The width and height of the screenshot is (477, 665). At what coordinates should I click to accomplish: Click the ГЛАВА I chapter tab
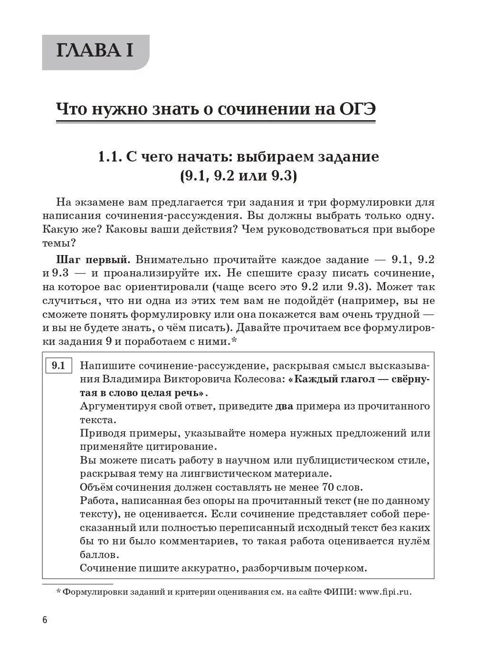click(95, 51)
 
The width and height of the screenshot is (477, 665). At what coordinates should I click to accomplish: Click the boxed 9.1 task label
click(58, 366)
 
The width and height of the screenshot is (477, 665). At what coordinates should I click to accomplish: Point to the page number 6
click(45, 620)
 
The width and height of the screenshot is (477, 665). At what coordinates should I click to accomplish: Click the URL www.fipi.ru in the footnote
click(385, 592)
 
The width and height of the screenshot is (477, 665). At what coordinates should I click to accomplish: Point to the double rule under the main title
click(215, 123)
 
